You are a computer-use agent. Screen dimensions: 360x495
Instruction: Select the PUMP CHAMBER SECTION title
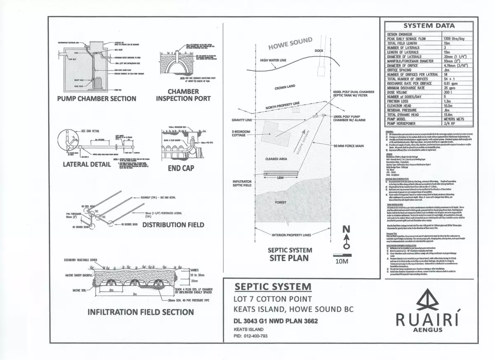[97, 98]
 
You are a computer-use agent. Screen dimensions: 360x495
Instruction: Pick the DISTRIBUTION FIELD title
[173, 225]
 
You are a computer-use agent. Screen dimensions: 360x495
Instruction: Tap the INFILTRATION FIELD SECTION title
[140, 312]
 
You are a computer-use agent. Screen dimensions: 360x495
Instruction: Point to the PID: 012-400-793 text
[251, 336]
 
